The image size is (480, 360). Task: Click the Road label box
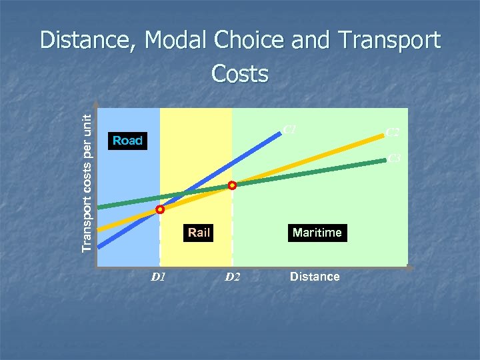coord(128,141)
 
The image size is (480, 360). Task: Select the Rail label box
coord(199,233)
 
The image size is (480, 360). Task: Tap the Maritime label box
coord(317,233)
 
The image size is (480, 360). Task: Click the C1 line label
coord(289,129)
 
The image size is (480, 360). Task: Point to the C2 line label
coord(393,133)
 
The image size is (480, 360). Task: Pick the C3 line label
coord(393,158)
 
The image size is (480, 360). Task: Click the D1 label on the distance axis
coord(158,277)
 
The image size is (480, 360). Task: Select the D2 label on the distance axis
coord(231,277)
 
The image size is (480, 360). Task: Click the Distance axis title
coord(315,276)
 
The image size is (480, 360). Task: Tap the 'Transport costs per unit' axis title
coord(87,181)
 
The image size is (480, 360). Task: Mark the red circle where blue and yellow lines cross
coord(160,209)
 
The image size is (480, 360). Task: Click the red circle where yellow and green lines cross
coord(232,186)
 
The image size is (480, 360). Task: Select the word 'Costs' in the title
coord(240,73)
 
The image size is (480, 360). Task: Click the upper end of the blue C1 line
coord(279,134)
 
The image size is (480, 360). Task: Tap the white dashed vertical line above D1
coord(160,240)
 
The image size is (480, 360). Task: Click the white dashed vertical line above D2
coord(232,227)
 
